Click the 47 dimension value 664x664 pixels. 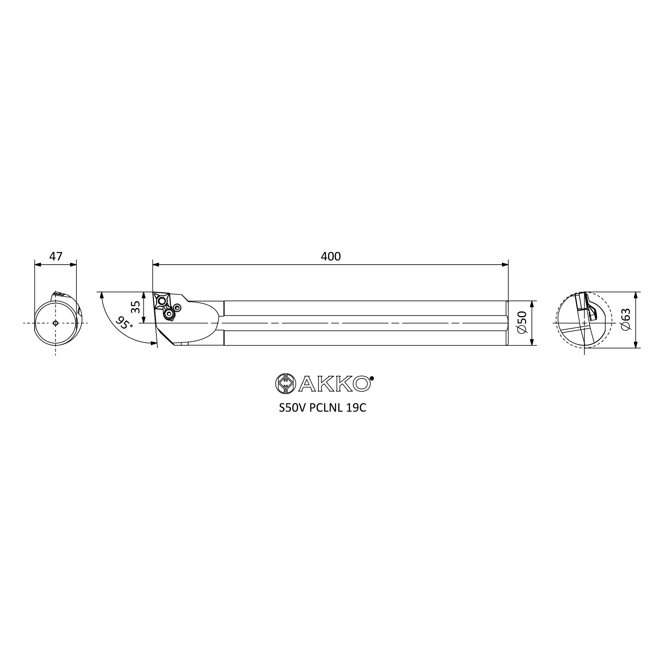56,257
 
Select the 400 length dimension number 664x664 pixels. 331,257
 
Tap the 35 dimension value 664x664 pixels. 136,307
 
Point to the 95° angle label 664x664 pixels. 124,323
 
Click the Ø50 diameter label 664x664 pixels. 522,322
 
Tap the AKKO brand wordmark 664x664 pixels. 335,383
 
